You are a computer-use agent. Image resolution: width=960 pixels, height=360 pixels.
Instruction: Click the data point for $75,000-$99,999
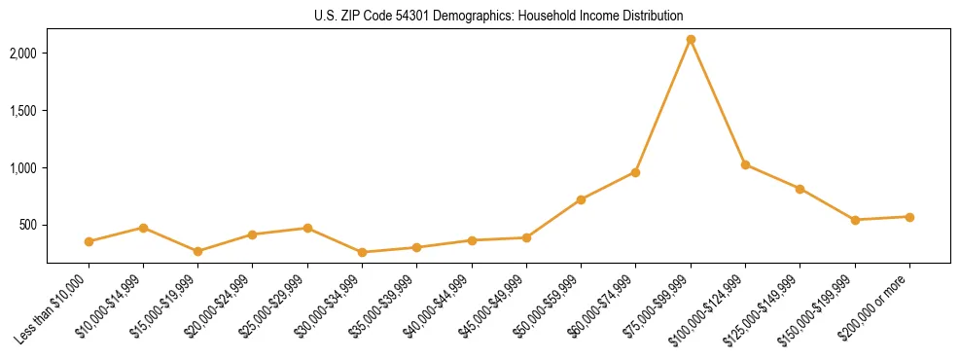coord(691,40)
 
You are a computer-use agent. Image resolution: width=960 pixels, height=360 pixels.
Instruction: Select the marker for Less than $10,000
coord(89,241)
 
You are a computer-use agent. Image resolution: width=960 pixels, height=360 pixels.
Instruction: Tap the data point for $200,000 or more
coord(909,217)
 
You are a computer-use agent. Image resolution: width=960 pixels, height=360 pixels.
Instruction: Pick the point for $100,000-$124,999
coord(745,165)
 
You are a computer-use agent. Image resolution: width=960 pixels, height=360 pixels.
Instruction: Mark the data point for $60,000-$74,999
coord(635,172)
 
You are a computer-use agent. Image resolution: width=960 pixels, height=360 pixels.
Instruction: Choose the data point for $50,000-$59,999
coord(581,199)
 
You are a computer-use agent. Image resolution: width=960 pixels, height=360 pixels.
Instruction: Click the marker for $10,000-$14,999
coord(143,228)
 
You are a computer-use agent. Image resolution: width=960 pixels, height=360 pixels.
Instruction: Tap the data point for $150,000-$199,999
coord(855,220)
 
